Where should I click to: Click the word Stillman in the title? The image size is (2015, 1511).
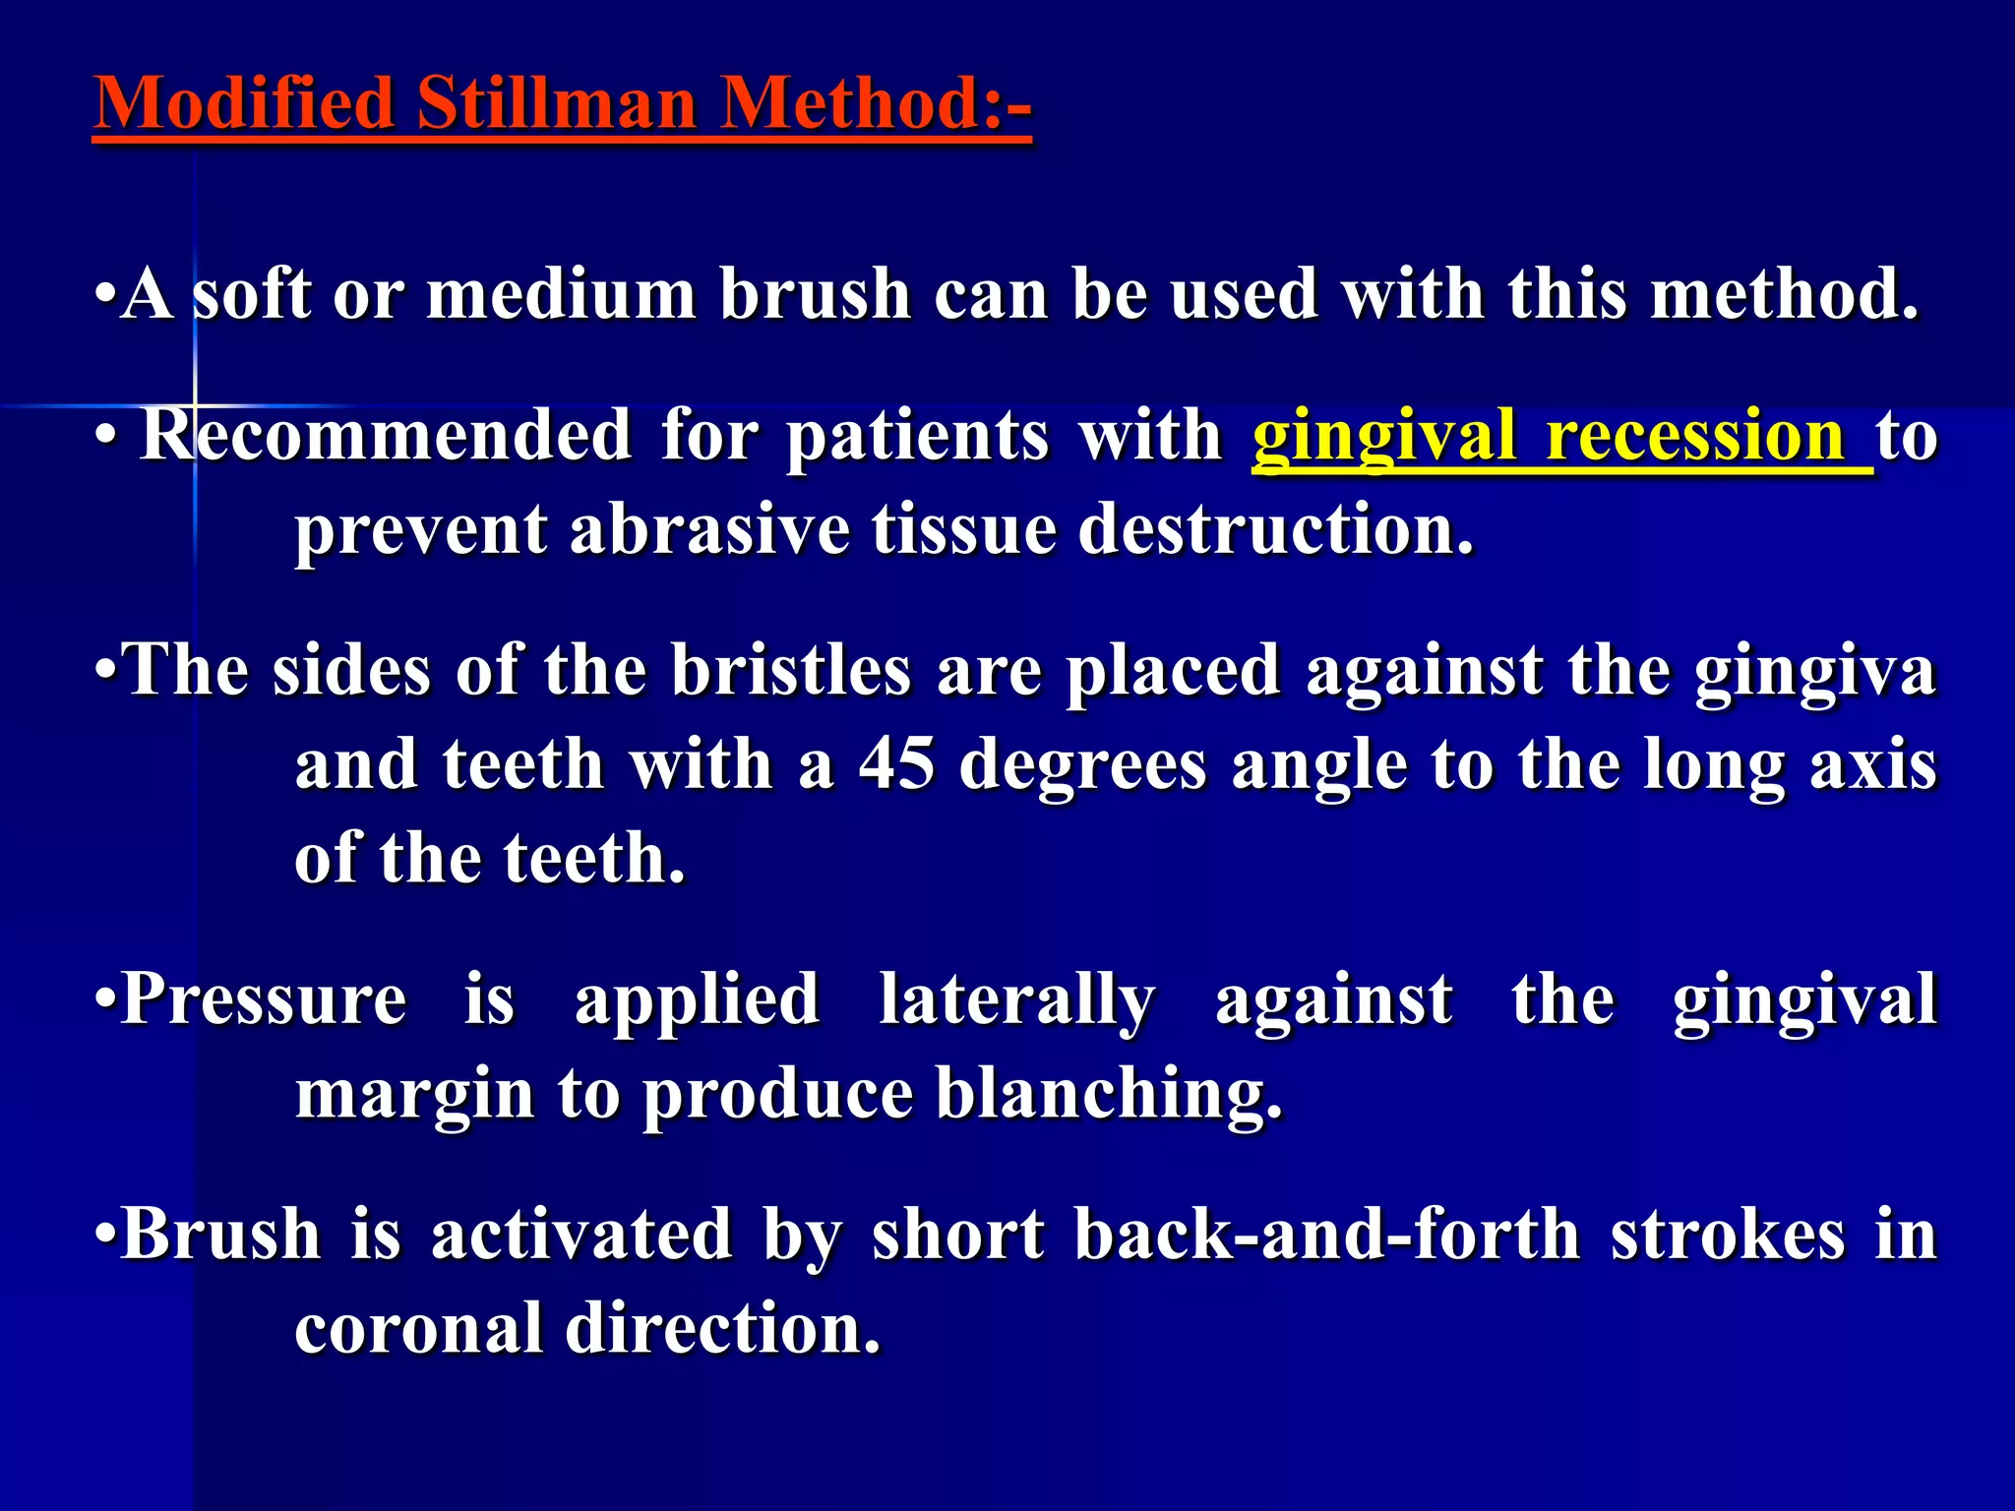[x=556, y=103]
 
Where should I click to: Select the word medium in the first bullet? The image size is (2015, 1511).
[x=561, y=294]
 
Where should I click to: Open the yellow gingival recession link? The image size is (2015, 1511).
[x=1560, y=437]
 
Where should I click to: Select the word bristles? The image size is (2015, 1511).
[x=791, y=671]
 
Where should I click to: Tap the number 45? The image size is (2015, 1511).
[x=896, y=764]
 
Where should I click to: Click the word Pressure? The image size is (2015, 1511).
[x=264, y=999]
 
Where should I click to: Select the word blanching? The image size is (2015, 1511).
[x=1109, y=1094]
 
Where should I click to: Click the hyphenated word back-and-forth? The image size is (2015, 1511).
[x=1327, y=1235]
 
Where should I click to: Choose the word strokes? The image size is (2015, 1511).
[x=1727, y=1235]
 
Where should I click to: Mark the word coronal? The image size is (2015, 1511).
[x=418, y=1328]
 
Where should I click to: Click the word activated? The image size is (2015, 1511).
[x=582, y=1235]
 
